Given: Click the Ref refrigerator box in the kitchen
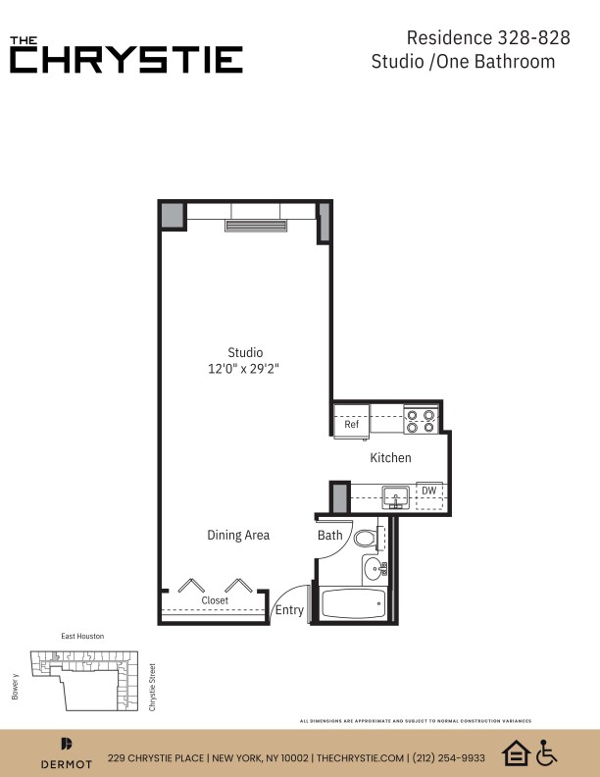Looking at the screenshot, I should pos(351,424).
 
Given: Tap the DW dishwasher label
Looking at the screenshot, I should pos(428,491).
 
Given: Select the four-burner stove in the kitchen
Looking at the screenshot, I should pos(423,421).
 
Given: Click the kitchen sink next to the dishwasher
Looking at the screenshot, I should pos(397,493).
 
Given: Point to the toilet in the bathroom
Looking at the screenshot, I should pos(366,538).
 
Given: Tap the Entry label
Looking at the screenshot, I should pos(289,610).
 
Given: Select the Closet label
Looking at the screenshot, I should pos(215,600).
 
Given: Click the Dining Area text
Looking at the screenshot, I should pos(238,535).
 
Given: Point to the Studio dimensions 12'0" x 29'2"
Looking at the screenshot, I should pos(245,369).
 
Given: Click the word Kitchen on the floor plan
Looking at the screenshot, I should pos(390,458).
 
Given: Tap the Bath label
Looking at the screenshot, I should pos(330,536).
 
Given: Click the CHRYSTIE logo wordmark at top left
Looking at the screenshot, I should pos(126,59).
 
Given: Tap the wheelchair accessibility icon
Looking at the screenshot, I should pos(546,752).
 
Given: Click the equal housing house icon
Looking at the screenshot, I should pos(515,752).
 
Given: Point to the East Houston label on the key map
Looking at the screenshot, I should pos(82,637).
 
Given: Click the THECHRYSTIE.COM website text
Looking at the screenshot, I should pos(362,757).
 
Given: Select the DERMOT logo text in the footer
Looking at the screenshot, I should pos(67,763).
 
